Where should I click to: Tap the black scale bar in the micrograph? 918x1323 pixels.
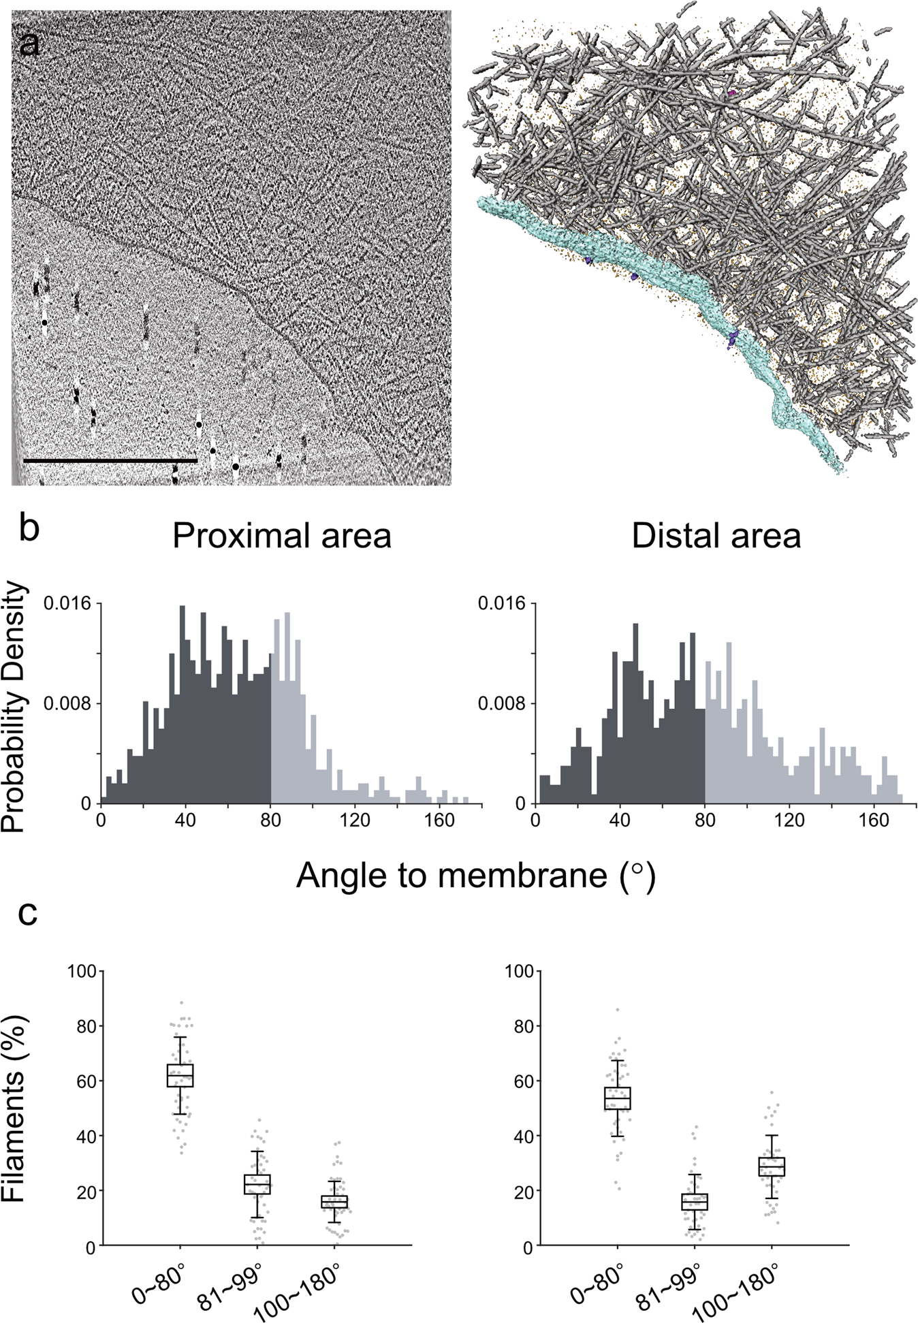pos(110,461)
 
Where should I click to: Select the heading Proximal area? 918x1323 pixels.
pos(282,536)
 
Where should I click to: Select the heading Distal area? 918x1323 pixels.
pos(716,536)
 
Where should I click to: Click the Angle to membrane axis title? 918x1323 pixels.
pos(476,875)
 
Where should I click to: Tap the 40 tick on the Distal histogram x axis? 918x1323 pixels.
pos(619,820)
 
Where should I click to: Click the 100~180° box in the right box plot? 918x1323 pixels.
pos(772,1166)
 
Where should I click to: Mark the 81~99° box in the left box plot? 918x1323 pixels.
pos(257,1184)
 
